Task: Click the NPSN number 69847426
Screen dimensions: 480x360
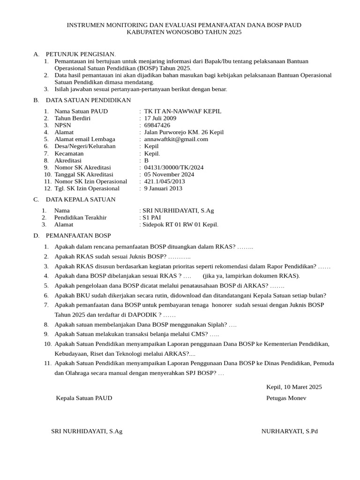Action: [x=157, y=125]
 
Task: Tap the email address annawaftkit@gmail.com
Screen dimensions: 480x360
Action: [x=176, y=139]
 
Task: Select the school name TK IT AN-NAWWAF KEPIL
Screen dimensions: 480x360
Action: [x=182, y=111]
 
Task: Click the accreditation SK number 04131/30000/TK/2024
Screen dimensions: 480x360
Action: [x=173, y=167]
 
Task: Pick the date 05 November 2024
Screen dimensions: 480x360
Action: [x=169, y=174]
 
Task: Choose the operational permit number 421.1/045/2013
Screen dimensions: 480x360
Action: [x=164, y=181]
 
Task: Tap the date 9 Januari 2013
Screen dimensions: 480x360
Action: [x=163, y=188]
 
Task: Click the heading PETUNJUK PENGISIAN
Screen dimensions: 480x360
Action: [x=81, y=54]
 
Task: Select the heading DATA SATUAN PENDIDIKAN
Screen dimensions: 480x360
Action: [x=88, y=100]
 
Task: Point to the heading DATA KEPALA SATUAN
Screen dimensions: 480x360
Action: [x=81, y=200]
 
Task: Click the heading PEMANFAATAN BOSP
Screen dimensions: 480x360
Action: [x=78, y=235]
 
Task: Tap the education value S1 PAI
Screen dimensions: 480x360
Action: [x=151, y=217]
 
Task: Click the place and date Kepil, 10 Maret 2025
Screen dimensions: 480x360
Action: [x=294, y=387]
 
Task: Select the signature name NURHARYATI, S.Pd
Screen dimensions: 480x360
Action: [x=289, y=431]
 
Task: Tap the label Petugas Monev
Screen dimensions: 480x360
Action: [x=286, y=398]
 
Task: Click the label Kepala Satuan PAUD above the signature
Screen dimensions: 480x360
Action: [x=84, y=398]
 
